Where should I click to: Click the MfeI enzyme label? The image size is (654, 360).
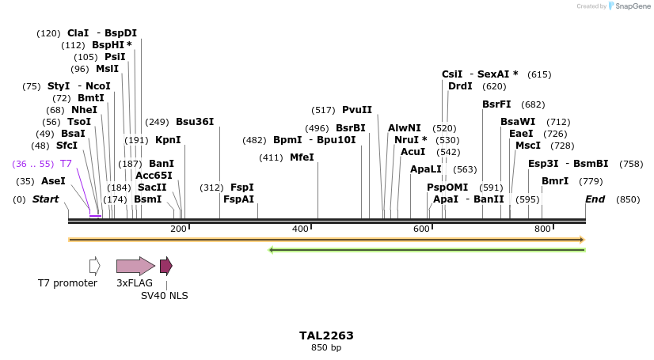point(302,157)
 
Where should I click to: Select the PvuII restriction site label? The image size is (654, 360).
point(357,110)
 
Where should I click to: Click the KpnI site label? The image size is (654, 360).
point(168,140)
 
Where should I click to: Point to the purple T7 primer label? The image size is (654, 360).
point(67,164)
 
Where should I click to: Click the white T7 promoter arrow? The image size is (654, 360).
point(95,266)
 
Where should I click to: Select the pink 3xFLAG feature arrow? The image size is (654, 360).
point(135,266)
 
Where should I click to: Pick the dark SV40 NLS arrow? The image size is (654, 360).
point(165,266)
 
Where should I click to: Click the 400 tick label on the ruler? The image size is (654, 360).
point(300,229)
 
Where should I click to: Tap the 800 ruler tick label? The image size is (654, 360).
point(542,229)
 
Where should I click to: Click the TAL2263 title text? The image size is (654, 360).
point(326,335)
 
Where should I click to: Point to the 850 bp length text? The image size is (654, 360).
point(326,348)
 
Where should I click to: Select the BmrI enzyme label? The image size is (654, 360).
point(555,181)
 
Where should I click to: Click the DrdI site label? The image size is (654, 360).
point(460,86)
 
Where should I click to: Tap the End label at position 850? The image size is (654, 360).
point(595,199)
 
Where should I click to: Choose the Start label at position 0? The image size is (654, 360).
point(45,199)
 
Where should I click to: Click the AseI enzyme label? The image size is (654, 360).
point(53,181)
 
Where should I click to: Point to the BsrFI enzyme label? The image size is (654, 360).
point(496,104)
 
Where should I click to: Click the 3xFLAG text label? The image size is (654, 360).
point(135,282)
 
